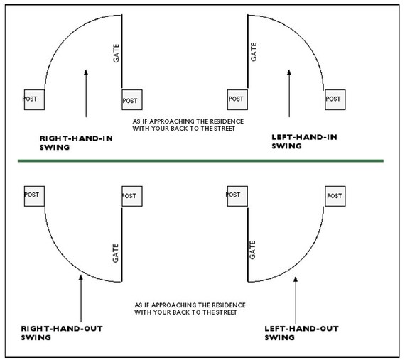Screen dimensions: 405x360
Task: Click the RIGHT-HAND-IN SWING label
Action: (76, 143)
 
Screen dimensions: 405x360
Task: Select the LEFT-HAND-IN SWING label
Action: (304, 141)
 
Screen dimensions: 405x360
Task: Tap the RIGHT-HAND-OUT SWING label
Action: (62, 333)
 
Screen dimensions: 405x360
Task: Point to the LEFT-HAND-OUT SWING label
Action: (302, 333)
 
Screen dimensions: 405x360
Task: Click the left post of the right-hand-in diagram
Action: (34, 99)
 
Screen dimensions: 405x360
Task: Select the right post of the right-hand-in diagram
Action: (132, 99)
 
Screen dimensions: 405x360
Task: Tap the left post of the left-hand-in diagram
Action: (237, 99)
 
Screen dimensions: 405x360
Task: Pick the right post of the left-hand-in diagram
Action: (335, 99)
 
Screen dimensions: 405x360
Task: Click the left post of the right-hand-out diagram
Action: (34, 196)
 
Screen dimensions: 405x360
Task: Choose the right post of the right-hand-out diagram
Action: (132, 196)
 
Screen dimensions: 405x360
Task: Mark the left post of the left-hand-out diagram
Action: (237, 196)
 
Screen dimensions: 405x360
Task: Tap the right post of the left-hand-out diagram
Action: (335, 196)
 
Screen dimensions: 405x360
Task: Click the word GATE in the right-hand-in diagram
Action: (117, 53)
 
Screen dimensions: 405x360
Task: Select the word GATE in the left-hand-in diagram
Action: (254, 52)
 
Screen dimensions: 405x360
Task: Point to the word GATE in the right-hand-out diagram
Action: (115, 253)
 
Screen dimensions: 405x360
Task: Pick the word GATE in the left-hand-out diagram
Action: (252, 250)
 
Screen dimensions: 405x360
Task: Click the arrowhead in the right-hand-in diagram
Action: (86, 72)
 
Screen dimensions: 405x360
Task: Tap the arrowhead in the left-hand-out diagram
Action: (296, 279)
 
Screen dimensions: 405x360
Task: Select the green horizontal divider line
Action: (200, 160)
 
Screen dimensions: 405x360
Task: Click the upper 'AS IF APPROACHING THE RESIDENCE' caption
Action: (188, 125)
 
